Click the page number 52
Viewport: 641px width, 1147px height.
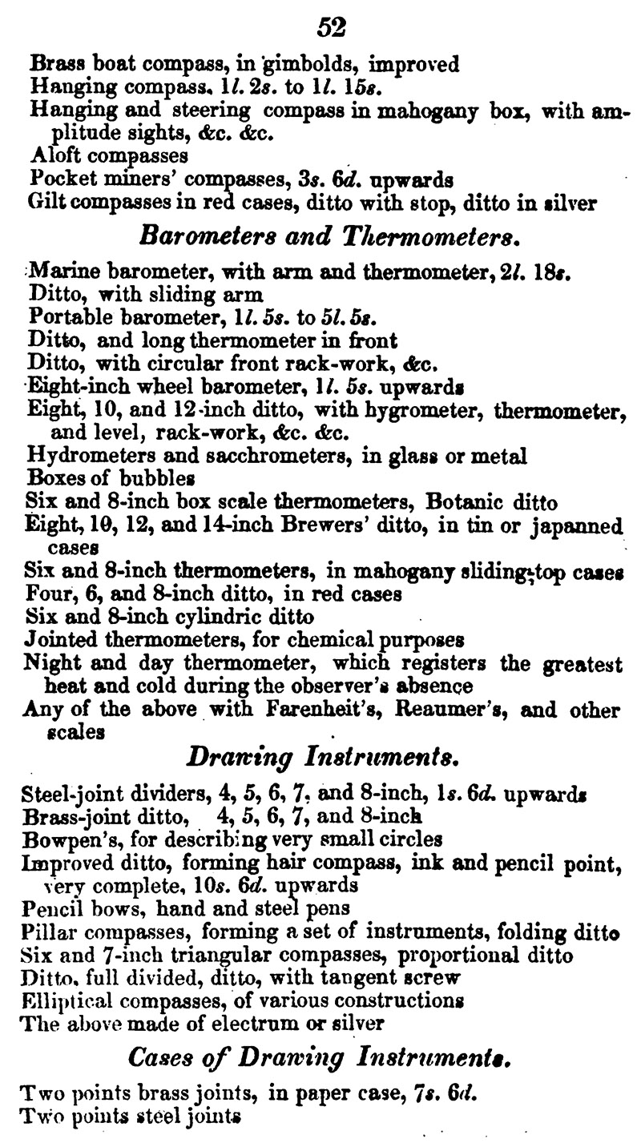pyautogui.click(x=331, y=27)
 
